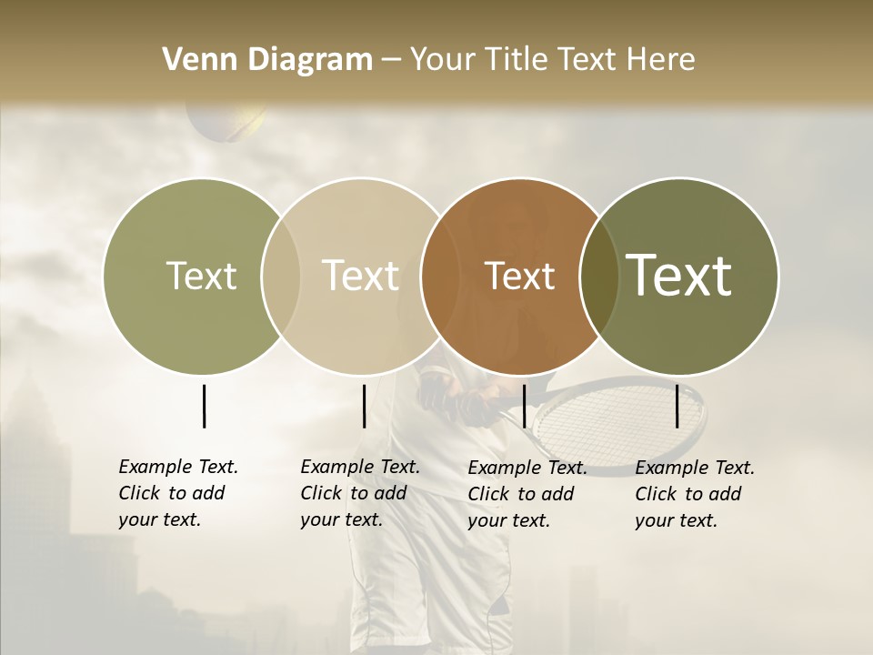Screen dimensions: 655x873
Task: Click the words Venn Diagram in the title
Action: click(x=267, y=60)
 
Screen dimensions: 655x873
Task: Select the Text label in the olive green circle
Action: click(x=201, y=276)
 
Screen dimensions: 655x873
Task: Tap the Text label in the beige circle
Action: click(x=360, y=276)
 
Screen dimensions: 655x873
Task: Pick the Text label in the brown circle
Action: click(x=519, y=276)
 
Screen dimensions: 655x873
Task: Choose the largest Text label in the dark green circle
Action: click(x=678, y=275)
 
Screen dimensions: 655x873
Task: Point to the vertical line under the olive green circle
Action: click(x=204, y=406)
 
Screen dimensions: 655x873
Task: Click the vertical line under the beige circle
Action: click(x=364, y=406)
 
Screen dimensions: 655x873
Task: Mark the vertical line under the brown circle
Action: click(x=524, y=406)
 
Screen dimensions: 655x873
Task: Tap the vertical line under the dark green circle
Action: click(x=677, y=406)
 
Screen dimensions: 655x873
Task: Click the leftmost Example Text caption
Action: click(x=177, y=493)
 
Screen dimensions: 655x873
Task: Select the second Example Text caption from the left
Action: click(x=359, y=493)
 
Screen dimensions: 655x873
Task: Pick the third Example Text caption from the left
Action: click(x=527, y=494)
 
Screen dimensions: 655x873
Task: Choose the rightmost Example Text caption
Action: click(x=694, y=494)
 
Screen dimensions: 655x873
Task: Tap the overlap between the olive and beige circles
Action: click(x=281, y=276)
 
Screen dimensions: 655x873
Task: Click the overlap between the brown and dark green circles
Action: click(x=599, y=276)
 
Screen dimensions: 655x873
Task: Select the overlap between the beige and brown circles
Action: click(x=439, y=276)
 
